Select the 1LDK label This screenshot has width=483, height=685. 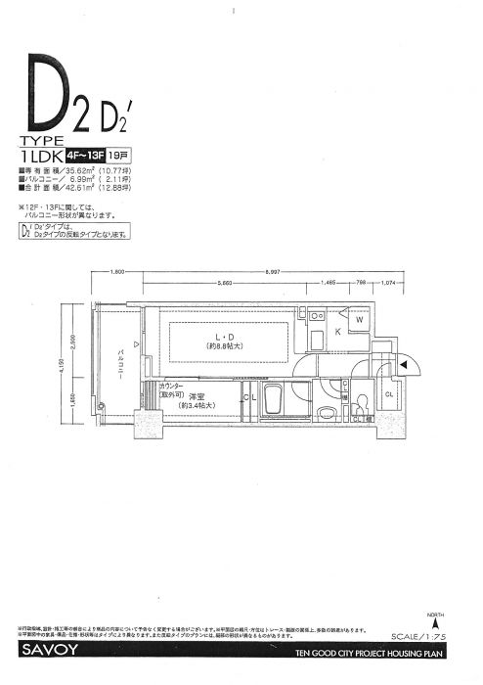click(40, 155)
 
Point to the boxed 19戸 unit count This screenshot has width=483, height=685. click(117, 155)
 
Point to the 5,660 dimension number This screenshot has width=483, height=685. click(225, 282)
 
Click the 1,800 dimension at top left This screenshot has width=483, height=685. click(116, 271)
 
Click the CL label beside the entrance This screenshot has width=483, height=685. click(389, 394)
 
